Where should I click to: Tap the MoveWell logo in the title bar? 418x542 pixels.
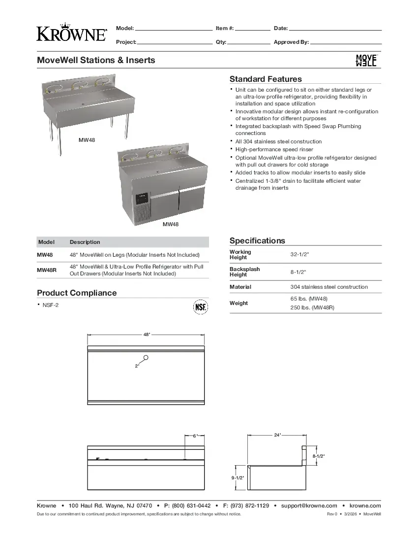coord(366,60)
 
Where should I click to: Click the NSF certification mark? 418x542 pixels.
coord(200,307)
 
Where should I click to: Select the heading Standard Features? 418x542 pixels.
coord(266,79)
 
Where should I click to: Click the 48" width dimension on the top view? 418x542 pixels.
coord(147,335)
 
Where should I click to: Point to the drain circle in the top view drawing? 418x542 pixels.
coord(146,358)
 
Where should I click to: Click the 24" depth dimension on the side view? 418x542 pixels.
coord(277,435)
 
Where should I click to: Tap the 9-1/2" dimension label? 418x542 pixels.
coord(238,477)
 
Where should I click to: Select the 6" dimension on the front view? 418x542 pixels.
coord(194,436)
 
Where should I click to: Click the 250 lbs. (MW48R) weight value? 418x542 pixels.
coord(312,308)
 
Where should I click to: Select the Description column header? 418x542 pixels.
coord(85,242)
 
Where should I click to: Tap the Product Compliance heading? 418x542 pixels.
coord(77,293)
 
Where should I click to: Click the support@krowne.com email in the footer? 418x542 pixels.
coord(309,506)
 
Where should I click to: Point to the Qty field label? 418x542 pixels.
coord(221,42)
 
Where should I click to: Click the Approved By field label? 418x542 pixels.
coord(291,42)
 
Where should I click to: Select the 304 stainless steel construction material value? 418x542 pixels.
coord(329,287)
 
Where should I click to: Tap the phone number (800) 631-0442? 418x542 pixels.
coord(191,506)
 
